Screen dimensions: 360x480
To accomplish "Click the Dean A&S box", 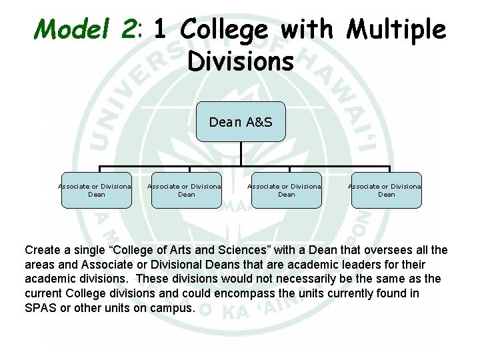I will coord(241,122).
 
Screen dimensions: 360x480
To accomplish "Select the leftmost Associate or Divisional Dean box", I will coord(97,190).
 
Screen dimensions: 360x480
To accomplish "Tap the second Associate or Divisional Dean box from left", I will coord(186,190).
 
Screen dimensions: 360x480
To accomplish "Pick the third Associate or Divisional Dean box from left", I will coord(286,190).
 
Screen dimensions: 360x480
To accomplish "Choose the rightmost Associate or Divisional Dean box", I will coord(386,190).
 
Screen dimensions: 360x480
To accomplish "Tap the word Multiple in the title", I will coord(396,29).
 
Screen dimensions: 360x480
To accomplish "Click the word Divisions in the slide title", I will coord(241,61).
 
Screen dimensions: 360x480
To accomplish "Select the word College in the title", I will coord(223,29).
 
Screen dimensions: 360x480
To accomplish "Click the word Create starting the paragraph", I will coord(43,251).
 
